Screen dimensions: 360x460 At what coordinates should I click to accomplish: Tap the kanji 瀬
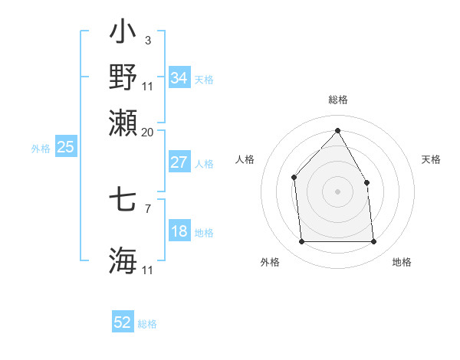(123, 122)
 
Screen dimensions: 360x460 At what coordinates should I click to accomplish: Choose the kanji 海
(123, 260)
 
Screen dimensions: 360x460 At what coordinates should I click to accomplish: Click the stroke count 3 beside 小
(147, 41)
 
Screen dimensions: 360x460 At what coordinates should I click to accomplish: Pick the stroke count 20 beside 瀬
(148, 132)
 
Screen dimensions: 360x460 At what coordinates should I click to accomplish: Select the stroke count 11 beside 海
(148, 270)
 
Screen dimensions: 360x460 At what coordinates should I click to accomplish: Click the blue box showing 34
(179, 78)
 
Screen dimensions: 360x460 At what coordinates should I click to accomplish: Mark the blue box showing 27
(179, 162)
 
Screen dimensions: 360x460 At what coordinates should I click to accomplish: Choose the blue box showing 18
(179, 232)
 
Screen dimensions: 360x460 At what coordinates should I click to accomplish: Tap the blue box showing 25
(65, 148)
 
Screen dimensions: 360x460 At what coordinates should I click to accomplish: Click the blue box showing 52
(123, 322)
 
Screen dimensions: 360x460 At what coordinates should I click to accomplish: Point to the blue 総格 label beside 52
(147, 324)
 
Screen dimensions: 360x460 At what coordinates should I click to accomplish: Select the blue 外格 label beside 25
(41, 149)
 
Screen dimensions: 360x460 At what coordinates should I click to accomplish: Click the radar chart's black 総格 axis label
(337, 100)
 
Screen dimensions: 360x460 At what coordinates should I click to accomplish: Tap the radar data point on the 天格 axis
(366, 182)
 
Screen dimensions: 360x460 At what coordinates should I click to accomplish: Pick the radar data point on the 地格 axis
(373, 242)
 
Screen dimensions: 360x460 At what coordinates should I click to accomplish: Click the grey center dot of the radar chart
(337, 191)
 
